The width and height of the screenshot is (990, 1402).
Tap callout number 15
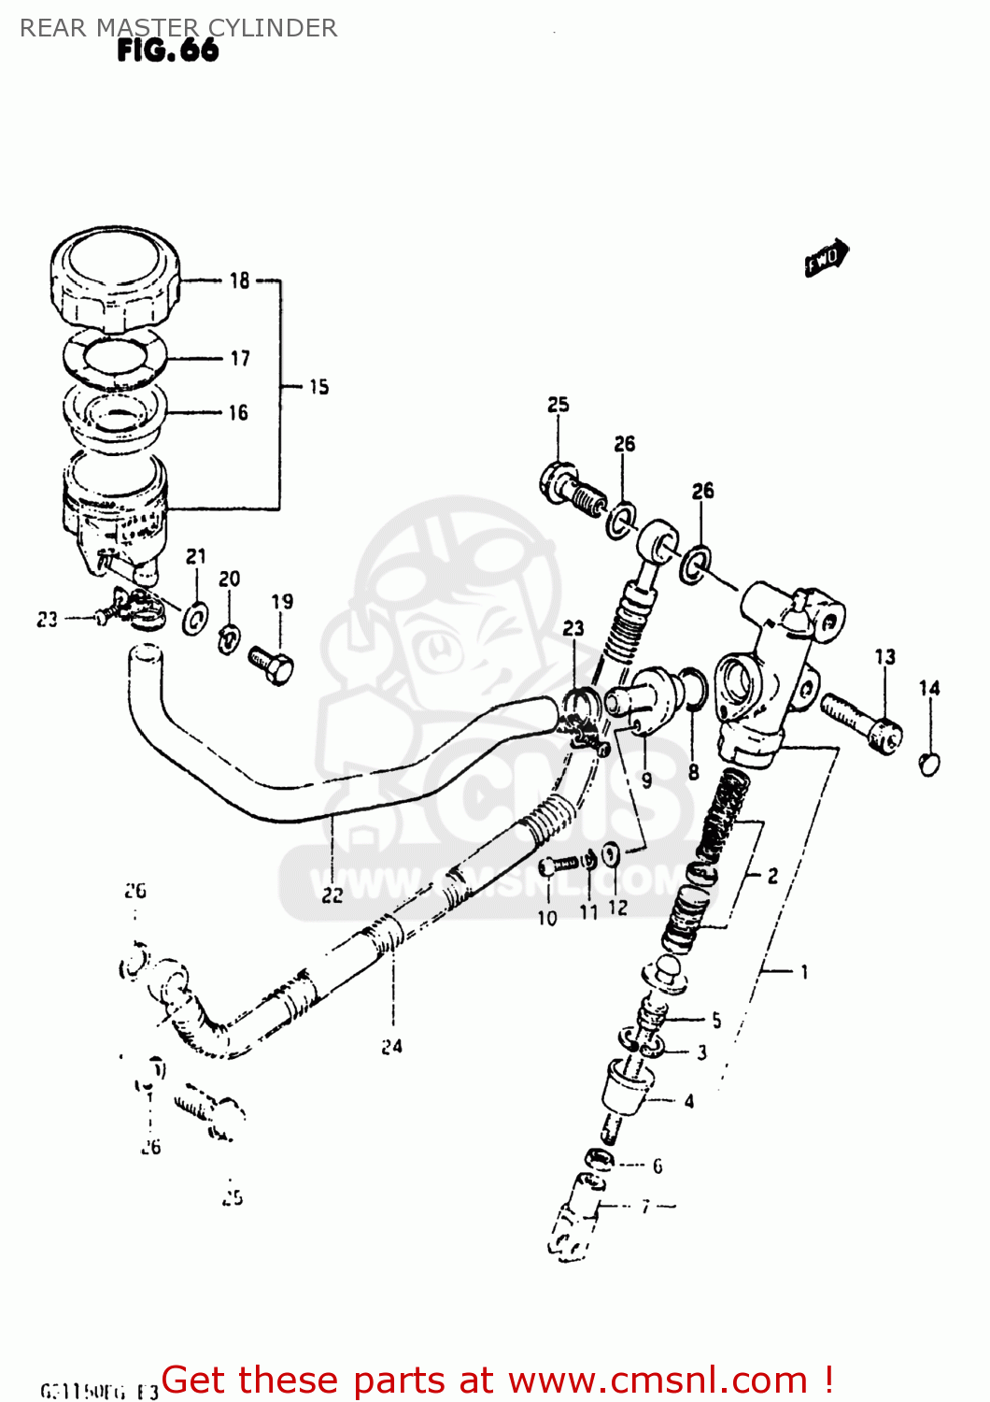pos(319,387)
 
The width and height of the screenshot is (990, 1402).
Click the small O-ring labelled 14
pos(929,764)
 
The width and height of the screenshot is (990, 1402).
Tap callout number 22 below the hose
pos(332,895)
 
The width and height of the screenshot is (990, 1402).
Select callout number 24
pos(392,1047)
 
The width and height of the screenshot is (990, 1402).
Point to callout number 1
pos(804,972)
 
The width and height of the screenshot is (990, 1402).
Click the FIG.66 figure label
pos(168,50)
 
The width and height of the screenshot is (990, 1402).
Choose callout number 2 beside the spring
pos(772,876)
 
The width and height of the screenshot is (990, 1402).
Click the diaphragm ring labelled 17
pos(114,358)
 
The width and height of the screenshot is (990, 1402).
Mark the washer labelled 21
pos(195,618)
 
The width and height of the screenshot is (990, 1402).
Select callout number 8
pos(693,772)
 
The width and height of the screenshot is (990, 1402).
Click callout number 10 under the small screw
pos(547,918)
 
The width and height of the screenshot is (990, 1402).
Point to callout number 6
pos(658,1166)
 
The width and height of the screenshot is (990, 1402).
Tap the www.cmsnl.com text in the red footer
pos(658,1380)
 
